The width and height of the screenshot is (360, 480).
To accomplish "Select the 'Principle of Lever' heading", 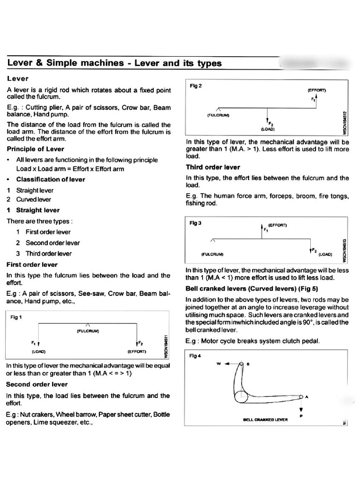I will coord(36,149).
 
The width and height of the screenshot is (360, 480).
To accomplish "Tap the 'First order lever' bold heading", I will coord(32,264).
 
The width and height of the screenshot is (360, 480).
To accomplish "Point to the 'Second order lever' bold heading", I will coord(37,384).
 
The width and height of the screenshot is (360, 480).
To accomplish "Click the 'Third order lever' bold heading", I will coord(213,167).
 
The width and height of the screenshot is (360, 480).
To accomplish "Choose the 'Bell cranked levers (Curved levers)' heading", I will coord(245,288).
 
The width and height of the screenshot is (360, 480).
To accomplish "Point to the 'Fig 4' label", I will coord(195,356).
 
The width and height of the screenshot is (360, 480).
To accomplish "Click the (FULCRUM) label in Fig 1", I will coord(88,331).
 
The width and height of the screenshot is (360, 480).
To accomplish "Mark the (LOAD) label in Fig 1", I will coord(38,351).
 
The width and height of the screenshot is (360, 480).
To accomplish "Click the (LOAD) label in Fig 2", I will coord(268,128).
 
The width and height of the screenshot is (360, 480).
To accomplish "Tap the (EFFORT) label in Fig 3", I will coord(277,225).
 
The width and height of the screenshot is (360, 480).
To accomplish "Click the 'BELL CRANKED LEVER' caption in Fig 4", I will coord(265,420).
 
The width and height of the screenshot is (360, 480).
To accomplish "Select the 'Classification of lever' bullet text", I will coord(46,179).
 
